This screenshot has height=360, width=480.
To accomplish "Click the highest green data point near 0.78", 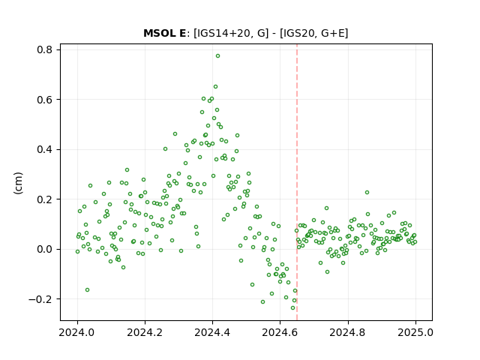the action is point(217,56).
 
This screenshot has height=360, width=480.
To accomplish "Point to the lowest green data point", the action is point(292,308).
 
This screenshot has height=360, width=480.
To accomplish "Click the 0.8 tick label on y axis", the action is point(44,49).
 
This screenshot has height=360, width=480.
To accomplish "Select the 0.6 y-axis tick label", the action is point(44,100).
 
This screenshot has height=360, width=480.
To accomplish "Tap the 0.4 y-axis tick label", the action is point(44,149).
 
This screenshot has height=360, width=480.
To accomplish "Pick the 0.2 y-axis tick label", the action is point(44,199).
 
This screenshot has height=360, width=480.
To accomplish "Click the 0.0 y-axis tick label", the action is point(44,249).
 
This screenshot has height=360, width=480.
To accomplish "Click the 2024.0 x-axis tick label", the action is point(77,332).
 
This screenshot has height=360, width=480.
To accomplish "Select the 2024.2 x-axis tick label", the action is point(145,332).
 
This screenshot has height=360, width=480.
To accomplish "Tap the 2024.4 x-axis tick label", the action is point(212,332).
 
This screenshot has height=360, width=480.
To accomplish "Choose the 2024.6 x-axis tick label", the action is point(280,332).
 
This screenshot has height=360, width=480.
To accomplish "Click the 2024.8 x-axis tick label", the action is point(348,332).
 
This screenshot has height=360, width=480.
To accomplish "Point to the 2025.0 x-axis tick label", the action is point(415,332).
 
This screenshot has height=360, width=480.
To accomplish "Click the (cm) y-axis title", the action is point(18,183).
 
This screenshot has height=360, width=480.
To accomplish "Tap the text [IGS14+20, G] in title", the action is point(231,33).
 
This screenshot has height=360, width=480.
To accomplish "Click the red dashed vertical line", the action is point(297,182).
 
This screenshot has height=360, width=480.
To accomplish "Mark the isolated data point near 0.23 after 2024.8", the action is point(367,193).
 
